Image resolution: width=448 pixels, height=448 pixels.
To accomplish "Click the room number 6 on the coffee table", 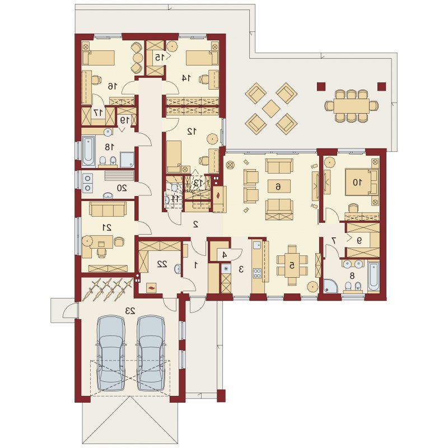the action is tap(278, 186).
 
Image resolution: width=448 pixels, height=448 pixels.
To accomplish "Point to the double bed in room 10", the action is tap(361, 182).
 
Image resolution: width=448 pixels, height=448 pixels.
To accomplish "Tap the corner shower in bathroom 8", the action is tap(330, 286).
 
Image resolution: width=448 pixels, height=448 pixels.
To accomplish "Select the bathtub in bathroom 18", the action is tap(88, 151).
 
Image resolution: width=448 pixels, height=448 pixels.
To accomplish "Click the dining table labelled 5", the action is tap(292, 265).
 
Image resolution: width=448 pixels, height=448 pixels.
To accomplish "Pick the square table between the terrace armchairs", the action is tap(271, 109).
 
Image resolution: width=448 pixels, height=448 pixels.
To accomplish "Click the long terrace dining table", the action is tap(351, 106).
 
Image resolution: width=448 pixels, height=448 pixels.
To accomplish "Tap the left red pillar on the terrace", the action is tap(321, 86).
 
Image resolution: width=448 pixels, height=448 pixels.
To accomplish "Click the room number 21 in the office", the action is tap(108, 227).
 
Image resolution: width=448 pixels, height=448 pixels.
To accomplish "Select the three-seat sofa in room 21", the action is tap(108, 209).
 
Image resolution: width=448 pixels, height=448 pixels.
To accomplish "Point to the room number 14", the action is tap(186, 77).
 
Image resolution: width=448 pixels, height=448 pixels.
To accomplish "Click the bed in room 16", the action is tap(99, 58).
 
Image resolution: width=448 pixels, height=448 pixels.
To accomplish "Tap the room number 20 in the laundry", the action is tap(122, 188).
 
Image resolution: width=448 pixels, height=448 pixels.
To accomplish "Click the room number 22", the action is tap(162, 264).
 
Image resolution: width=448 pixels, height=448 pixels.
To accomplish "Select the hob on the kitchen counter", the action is tap(257, 273).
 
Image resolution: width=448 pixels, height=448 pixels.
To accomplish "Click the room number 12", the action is tap(192, 131).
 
